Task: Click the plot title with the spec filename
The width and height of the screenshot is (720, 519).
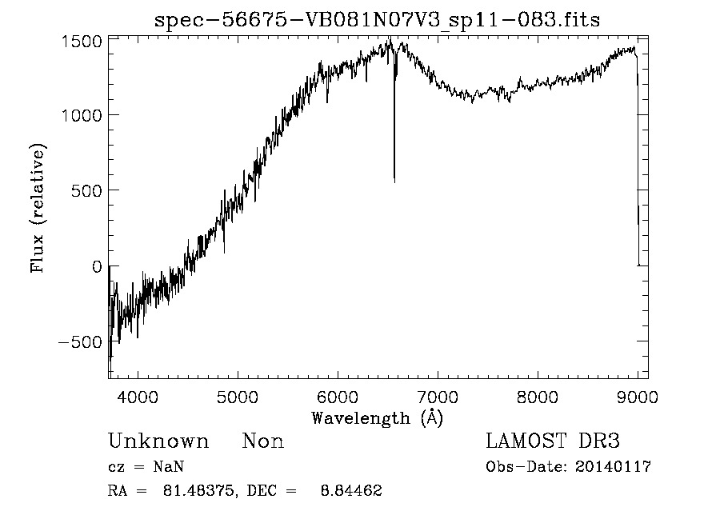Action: click(x=377, y=19)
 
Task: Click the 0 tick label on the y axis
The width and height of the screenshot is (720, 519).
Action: click(x=97, y=266)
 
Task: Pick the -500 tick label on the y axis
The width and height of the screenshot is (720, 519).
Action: click(x=81, y=342)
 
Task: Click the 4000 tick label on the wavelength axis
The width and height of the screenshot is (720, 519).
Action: click(x=138, y=396)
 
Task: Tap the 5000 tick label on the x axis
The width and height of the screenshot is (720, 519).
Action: click(x=238, y=396)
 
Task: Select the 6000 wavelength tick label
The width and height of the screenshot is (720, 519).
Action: click(x=338, y=396)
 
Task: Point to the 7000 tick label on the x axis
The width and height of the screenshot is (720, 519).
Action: click(x=438, y=396)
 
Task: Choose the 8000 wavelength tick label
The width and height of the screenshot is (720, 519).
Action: click(x=538, y=396)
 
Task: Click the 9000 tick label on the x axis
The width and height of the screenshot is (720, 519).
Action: click(x=637, y=396)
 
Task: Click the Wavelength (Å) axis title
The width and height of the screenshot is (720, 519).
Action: click(x=377, y=417)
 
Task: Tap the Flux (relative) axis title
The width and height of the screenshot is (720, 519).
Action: click(x=38, y=208)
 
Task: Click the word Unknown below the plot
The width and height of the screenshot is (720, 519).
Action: click(x=158, y=441)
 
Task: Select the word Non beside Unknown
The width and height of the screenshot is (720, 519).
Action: click(x=262, y=441)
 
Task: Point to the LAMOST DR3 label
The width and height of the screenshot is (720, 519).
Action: click(x=553, y=441)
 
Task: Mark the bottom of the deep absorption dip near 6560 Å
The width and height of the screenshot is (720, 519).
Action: click(x=394, y=181)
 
